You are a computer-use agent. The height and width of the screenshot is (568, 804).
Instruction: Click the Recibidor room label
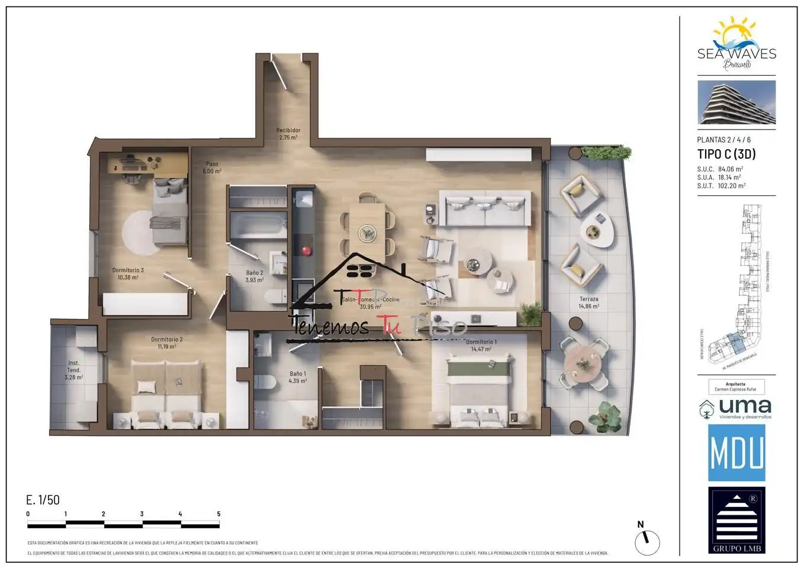tap(288, 134)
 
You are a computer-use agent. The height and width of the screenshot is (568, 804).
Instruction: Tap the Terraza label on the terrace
tap(588, 302)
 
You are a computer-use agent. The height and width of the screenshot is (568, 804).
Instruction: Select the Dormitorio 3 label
tap(128, 273)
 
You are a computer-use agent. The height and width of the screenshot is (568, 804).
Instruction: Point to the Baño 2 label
tap(255, 276)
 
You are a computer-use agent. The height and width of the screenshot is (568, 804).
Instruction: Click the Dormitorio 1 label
tap(481, 346)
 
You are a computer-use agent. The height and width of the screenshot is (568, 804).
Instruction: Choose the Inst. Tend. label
tap(73, 370)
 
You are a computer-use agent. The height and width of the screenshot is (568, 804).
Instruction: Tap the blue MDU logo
tap(737, 453)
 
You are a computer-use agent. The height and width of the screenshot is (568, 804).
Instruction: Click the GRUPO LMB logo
tap(737, 519)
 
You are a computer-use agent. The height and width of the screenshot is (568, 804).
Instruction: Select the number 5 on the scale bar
tap(218, 514)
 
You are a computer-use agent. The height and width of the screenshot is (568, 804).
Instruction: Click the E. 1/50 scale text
tap(43, 500)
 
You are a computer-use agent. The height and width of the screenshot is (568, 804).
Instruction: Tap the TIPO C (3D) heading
tap(726, 154)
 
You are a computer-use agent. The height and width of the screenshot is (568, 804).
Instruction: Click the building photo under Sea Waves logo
tap(737, 102)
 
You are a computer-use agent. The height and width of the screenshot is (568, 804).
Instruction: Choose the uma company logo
tap(737, 408)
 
